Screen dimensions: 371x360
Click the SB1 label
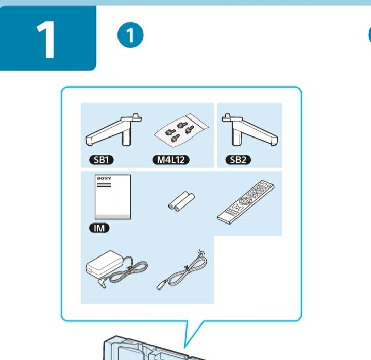(x=102, y=160)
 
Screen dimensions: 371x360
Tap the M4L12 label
(x=171, y=160)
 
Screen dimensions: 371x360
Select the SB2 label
(x=238, y=160)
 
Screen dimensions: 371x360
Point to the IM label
(x=99, y=228)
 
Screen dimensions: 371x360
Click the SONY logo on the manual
(x=104, y=178)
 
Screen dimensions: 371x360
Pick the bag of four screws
(x=181, y=130)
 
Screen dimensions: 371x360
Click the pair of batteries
(x=181, y=201)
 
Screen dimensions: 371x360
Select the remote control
(x=246, y=202)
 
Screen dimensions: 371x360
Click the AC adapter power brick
(x=104, y=263)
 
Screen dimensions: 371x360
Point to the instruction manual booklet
(x=113, y=197)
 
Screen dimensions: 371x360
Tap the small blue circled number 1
(x=130, y=35)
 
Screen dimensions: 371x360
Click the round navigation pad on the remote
(x=245, y=201)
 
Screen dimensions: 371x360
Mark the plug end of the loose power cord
(x=160, y=286)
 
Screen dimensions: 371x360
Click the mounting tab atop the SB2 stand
(x=227, y=116)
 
